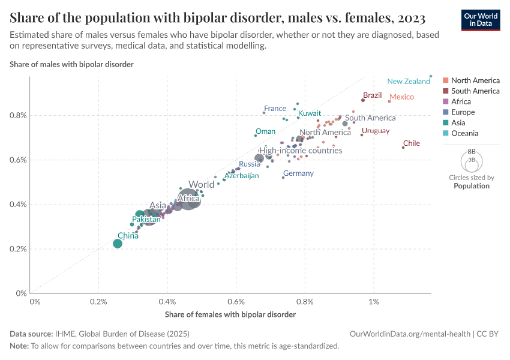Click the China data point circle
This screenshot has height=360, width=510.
click(118, 243)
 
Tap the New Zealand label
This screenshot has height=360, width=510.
click(408, 82)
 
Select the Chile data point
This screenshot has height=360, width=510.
click(403, 147)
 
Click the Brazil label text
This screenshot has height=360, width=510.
click(373, 95)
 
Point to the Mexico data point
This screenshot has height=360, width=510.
click(389, 101)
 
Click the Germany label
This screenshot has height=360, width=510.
click(298, 173)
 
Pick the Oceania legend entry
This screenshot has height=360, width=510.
click(464, 133)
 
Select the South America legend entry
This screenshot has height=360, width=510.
click(475, 91)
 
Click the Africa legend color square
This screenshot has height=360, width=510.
click(445, 102)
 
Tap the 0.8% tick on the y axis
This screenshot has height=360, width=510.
click(18, 115)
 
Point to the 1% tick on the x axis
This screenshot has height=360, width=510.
click(374, 302)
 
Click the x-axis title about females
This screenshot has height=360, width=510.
click(230, 314)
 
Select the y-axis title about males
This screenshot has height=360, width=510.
click(71, 64)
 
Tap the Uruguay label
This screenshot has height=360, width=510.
click(376, 131)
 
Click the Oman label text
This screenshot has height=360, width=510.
click(266, 131)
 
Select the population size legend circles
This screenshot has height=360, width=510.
click(471, 162)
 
